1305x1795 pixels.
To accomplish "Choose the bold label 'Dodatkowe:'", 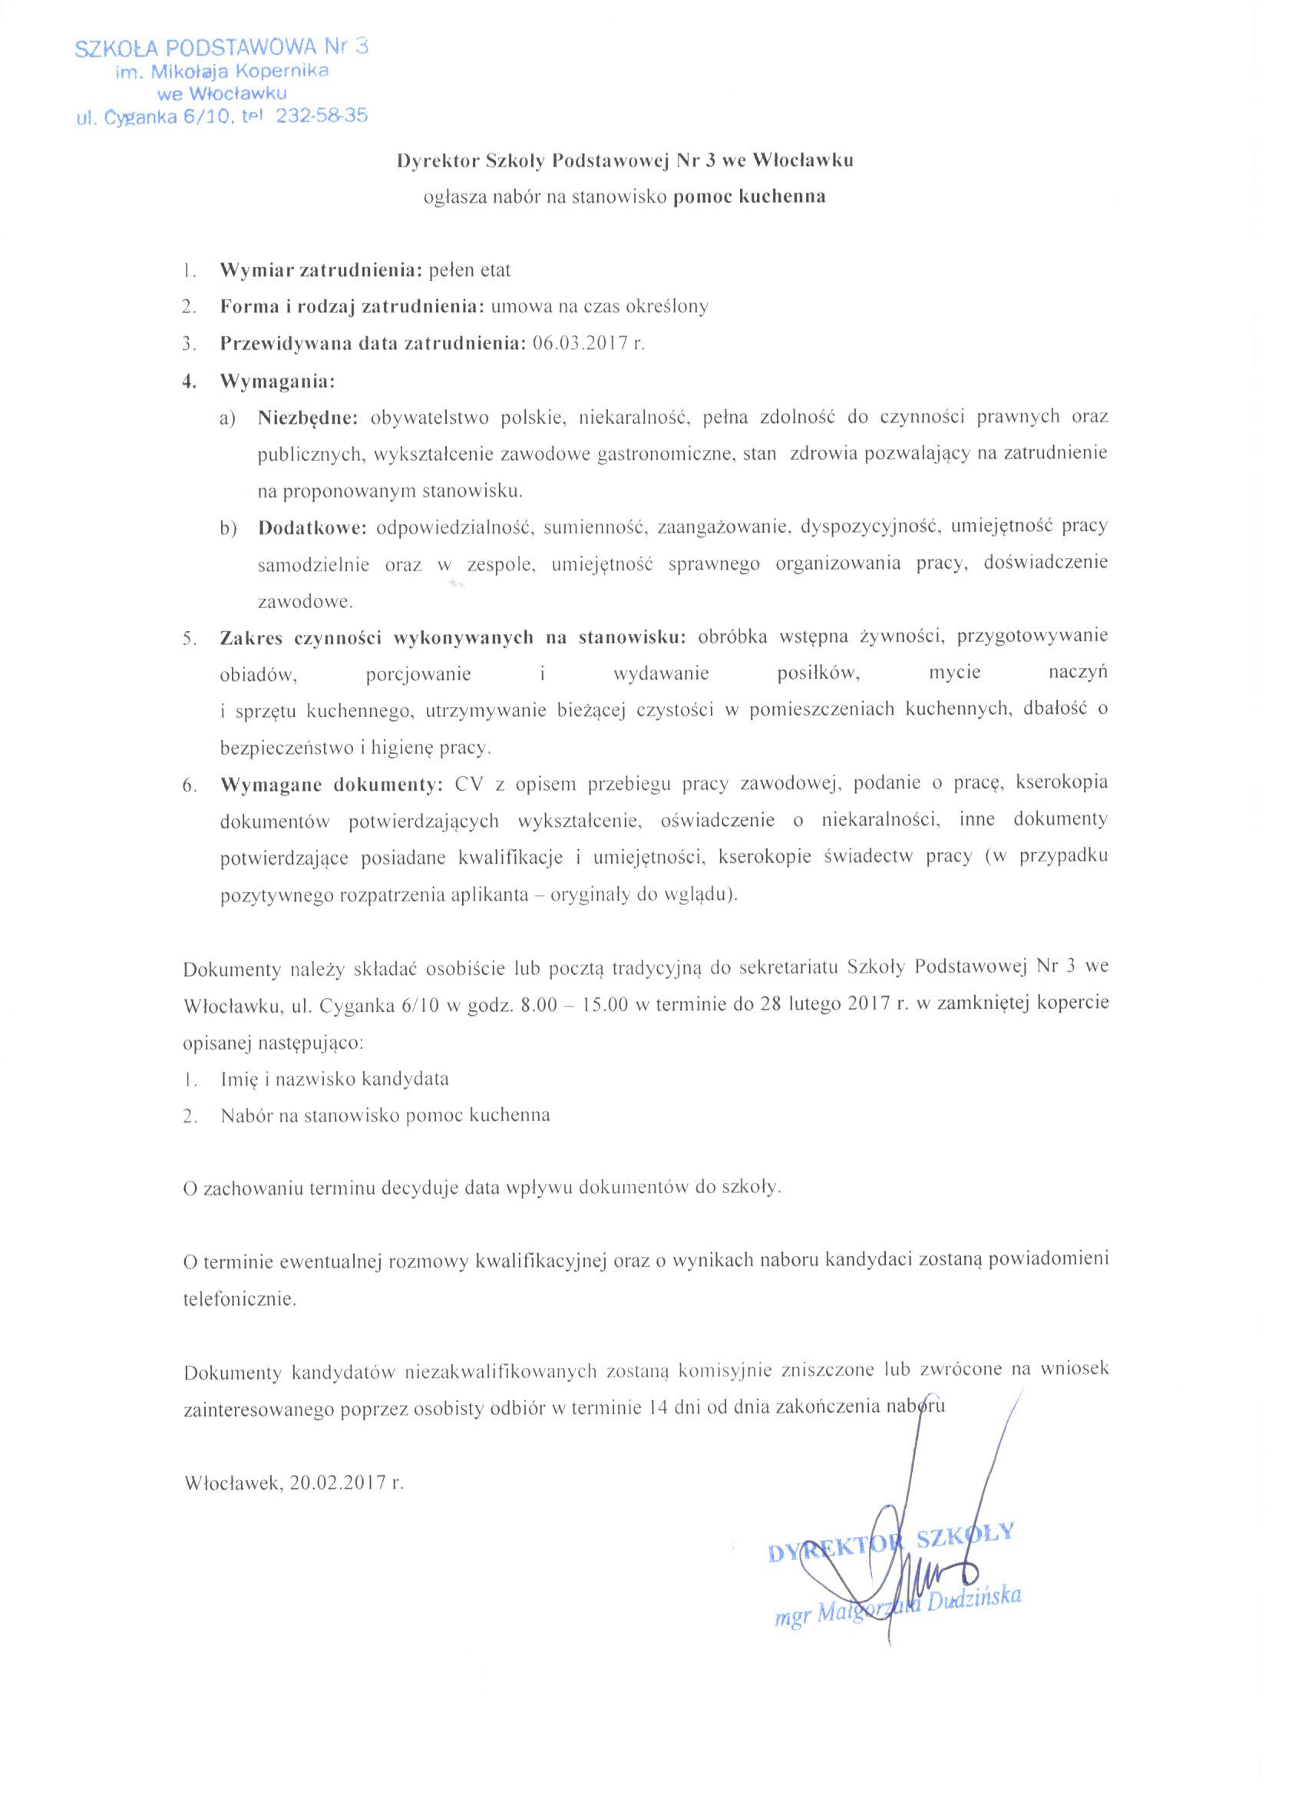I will (x=312, y=527).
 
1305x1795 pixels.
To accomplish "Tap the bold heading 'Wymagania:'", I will (x=278, y=382).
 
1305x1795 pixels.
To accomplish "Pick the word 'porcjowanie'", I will (x=418, y=674).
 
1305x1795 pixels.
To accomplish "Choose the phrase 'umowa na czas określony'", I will (x=600, y=308).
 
